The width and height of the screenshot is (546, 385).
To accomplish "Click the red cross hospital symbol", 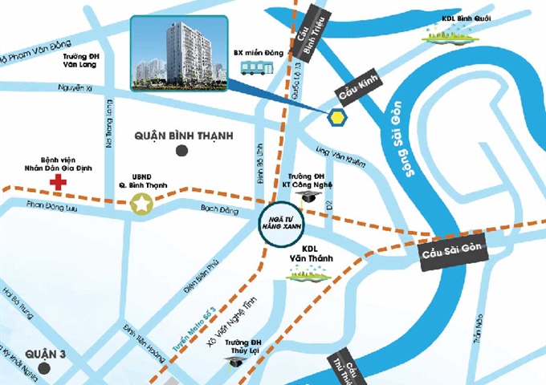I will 58,183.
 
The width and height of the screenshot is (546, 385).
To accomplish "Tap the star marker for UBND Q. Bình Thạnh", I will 142,205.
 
